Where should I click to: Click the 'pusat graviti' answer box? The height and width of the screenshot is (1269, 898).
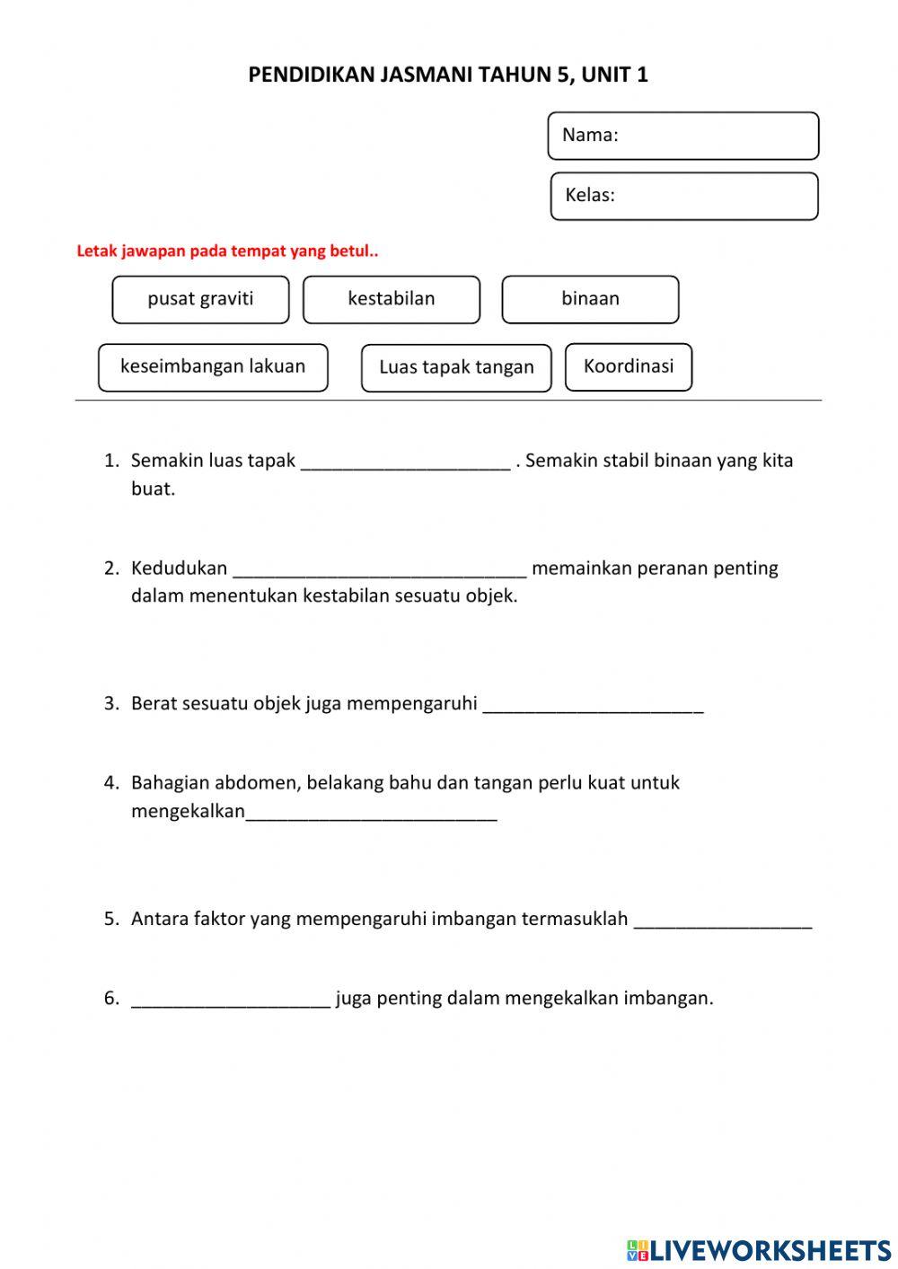point(200,299)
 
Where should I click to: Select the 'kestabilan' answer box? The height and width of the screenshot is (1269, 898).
point(392,299)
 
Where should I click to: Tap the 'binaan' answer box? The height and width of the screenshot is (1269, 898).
point(590,299)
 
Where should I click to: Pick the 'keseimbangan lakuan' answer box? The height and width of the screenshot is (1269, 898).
point(213,367)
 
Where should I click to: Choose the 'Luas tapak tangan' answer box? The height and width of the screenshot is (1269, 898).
point(456,368)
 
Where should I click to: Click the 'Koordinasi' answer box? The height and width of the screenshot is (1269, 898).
point(629,366)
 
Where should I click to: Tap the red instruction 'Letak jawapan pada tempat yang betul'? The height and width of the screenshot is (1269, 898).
point(227,251)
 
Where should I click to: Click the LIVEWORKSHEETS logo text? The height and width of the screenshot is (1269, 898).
point(770,1249)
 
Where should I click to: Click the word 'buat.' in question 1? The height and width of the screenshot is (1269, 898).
point(153,489)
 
